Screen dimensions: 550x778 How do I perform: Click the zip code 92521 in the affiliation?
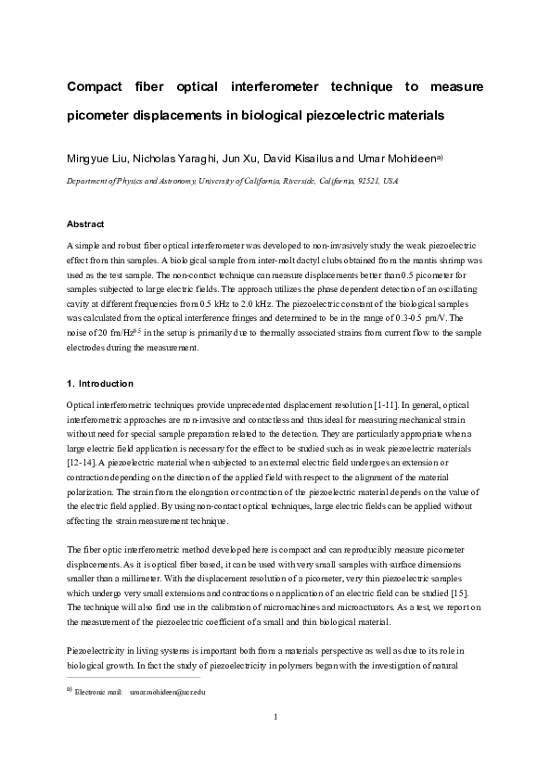356,182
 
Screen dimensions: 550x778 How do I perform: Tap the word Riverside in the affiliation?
297,182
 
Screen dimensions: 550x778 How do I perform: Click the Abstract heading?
85,225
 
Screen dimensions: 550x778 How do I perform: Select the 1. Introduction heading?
100,384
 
